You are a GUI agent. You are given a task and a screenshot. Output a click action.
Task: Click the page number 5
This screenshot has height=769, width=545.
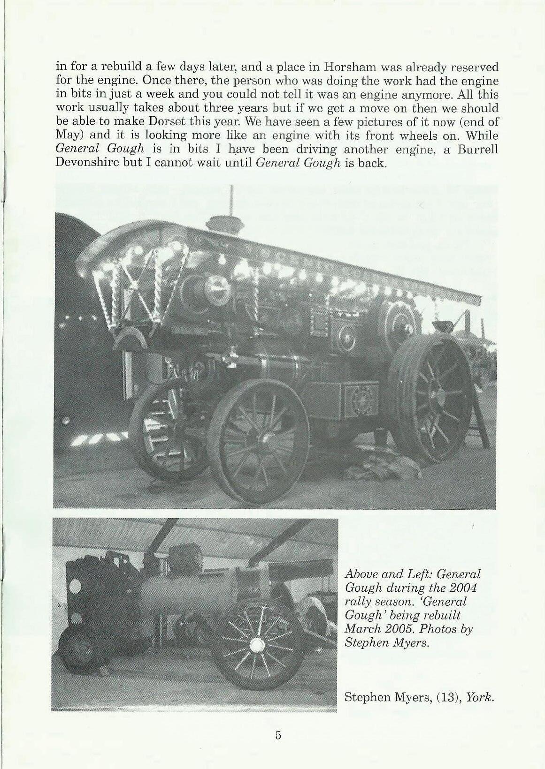278,735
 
